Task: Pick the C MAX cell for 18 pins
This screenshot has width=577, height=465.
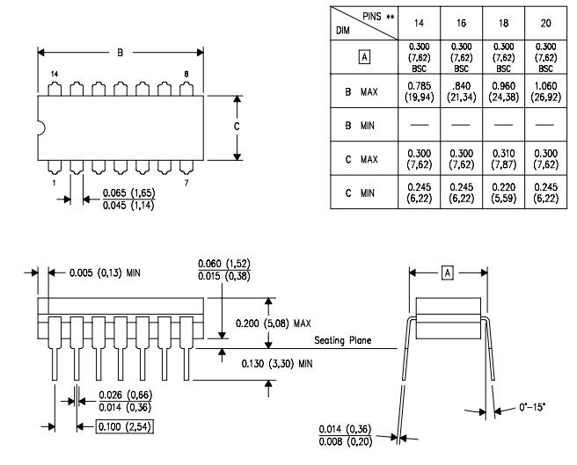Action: [506, 162]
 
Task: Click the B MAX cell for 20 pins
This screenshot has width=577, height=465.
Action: [547, 91]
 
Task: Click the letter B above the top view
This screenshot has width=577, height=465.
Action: [121, 53]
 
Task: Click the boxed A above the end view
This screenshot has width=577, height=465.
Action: [446, 274]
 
